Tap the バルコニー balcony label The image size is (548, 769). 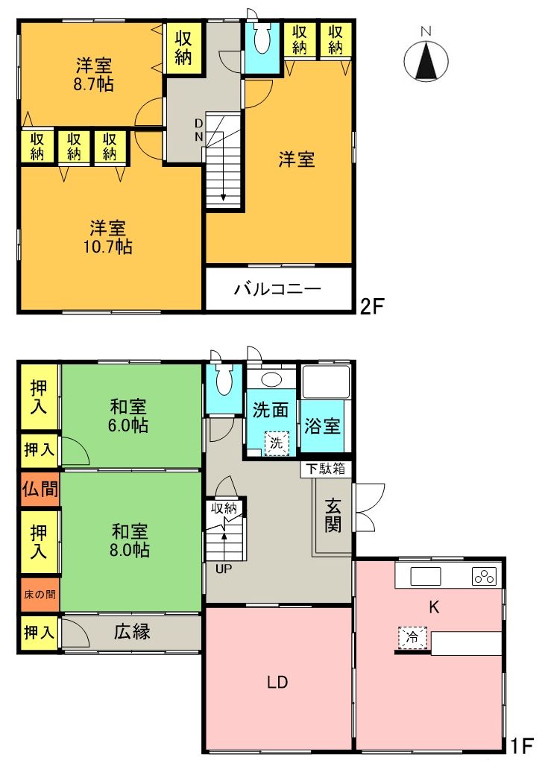point(277,290)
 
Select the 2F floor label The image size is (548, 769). point(372,306)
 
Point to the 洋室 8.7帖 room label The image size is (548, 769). point(94,73)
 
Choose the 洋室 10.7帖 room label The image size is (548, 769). point(109,237)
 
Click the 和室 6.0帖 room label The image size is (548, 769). point(129,417)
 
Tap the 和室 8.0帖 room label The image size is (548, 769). point(130,541)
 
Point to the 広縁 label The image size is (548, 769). point(133,632)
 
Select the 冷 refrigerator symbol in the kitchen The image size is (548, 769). point(412,637)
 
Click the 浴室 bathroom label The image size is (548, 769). point(323,426)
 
